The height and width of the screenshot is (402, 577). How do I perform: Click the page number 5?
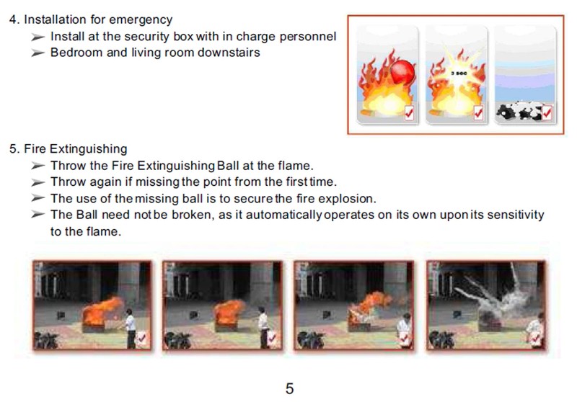coord(290,389)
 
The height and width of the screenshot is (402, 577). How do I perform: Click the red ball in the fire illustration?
coord(402,71)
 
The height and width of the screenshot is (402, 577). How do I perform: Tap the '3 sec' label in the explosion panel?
coord(459,73)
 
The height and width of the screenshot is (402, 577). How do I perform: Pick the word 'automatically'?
coord(283,215)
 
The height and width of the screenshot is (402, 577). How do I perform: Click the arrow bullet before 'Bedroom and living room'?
coord(38,53)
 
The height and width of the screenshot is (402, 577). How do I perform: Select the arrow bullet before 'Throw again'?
coord(38,182)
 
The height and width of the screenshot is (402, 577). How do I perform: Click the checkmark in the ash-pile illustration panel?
coord(547,113)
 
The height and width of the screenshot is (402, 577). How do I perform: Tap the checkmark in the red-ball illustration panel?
coord(409,113)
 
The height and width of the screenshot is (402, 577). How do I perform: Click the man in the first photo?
coord(131,328)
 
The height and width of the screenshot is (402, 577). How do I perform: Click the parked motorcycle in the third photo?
coord(311,340)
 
